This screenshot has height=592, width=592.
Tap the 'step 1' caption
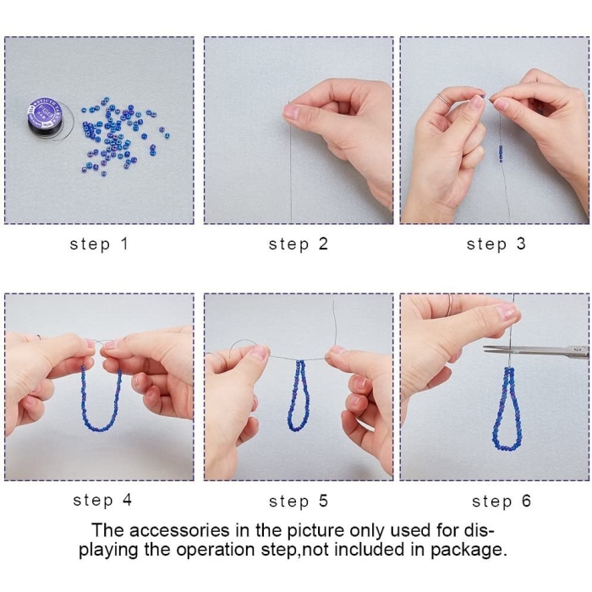[99, 244]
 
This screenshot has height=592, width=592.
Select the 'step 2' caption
[299, 244]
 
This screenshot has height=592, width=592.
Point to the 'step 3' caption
[496, 244]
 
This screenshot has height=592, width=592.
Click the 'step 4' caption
[102, 501]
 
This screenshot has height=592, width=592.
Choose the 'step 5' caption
[299, 502]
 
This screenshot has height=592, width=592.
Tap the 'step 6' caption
[502, 502]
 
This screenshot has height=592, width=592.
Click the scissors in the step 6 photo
[536, 350]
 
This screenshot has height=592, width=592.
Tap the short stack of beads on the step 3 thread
[501, 153]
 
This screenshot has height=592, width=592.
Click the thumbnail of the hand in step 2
[291, 112]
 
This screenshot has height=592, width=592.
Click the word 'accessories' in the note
[179, 530]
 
